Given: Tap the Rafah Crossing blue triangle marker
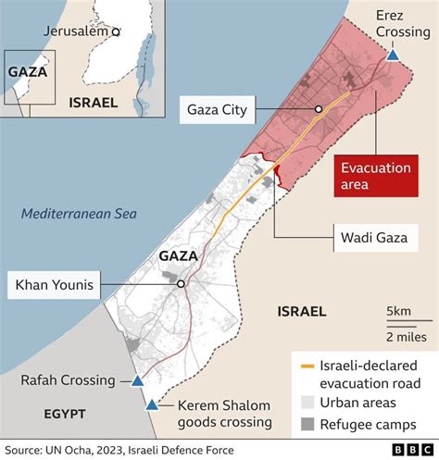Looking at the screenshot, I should [x=137, y=380].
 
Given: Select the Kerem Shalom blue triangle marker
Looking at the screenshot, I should [x=151, y=404].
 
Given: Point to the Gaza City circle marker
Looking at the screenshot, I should [x=318, y=108].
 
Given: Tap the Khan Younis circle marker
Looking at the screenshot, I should [x=182, y=284].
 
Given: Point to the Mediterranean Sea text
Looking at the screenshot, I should [x=79, y=214].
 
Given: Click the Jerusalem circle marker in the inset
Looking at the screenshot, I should [x=116, y=31].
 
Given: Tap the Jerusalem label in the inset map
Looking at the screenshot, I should [x=75, y=31].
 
